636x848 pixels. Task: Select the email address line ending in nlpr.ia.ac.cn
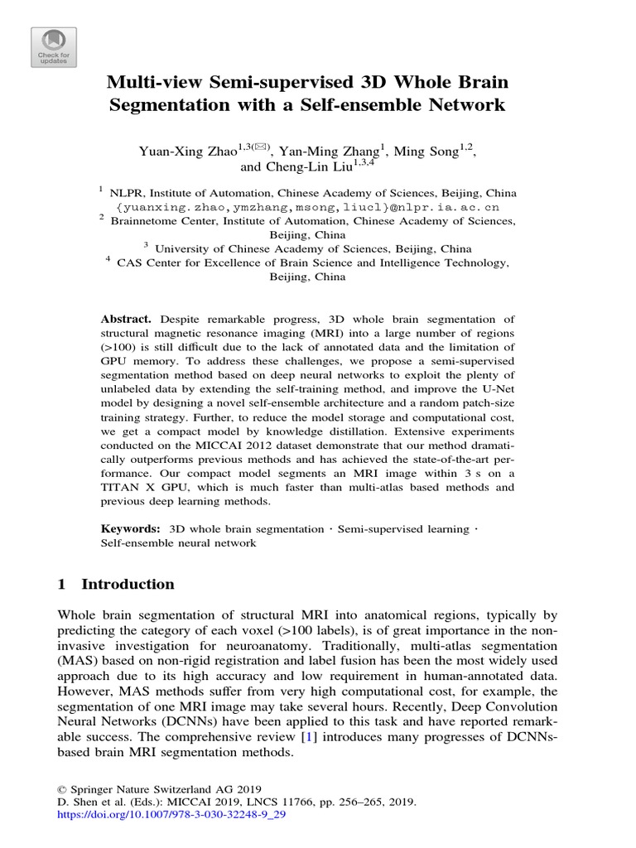click(x=318, y=206)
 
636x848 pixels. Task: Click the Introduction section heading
click(x=128, y=585)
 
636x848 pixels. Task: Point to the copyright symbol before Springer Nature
click(x=61, y=788)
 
